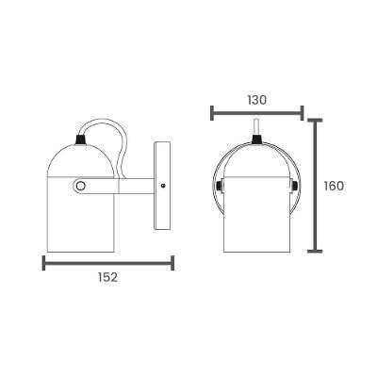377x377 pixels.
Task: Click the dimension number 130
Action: coord(255,99)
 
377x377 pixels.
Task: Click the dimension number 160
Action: coord(332,186)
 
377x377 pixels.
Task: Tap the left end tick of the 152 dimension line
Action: coord(45,263)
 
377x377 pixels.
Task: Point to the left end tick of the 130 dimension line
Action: coord(211,113)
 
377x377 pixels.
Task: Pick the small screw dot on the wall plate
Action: coord(164,186)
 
